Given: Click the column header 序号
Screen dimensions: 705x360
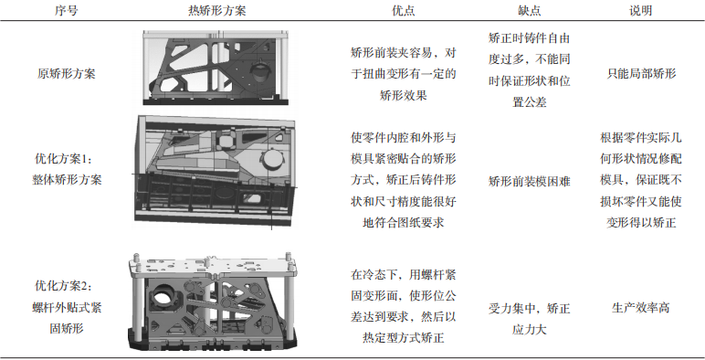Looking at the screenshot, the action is pos(66,11).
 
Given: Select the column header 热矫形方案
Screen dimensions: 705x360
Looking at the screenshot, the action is pos(216,11).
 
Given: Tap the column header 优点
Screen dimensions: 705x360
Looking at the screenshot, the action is pos(404,11).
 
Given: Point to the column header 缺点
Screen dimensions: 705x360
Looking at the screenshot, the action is pos(529,11).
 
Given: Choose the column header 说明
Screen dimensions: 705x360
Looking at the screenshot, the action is pos(641,11).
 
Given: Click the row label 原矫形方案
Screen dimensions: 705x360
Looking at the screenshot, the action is pos(66,73).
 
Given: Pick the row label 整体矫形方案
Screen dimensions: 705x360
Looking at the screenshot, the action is pos(67,180).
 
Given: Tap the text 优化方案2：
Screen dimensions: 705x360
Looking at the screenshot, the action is pos(63,286).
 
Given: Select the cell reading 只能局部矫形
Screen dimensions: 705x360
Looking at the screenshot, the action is pos(641,73).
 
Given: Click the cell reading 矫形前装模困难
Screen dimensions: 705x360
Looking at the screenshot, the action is pos(529,181).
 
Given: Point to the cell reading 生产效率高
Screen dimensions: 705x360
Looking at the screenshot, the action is pos(641,308).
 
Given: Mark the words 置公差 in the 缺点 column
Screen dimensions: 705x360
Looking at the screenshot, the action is pos(529,102).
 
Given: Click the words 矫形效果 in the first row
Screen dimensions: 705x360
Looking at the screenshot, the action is pos(404,95).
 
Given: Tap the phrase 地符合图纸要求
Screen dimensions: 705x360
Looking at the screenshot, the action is pos(404,222).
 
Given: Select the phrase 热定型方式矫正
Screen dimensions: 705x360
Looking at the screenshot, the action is pos(404,337).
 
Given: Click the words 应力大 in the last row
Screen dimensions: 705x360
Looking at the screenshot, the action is pos(529,330).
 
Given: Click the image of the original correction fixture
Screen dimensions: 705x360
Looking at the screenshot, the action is pos(216,68).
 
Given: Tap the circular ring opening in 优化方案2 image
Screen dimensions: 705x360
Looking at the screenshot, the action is pos(160,296).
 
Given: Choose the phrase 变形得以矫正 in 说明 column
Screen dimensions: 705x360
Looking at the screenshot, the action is pos(641,222).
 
